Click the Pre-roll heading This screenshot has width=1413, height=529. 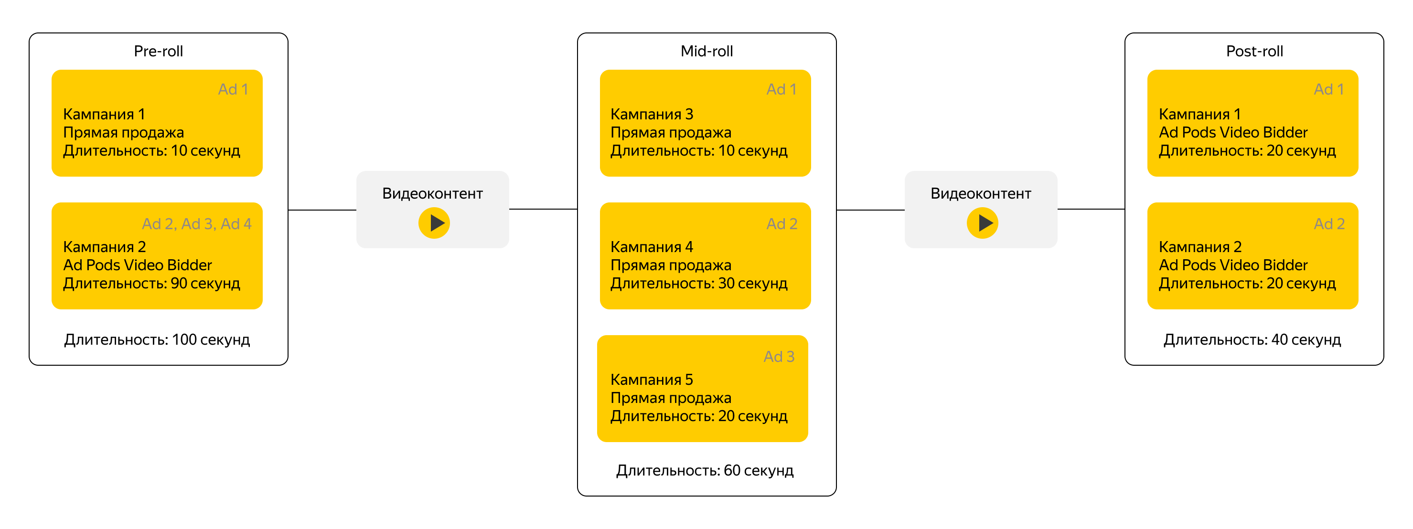click(159, 51)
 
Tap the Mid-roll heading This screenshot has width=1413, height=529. click(706, 51)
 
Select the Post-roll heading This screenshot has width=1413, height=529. click(1254, 51)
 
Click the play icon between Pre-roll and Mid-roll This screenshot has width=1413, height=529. click(434, 222)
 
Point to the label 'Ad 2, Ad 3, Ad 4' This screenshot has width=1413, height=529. click(196, 223)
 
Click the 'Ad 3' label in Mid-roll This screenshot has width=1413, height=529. click(779, 356)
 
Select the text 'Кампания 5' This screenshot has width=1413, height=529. click(652, 380)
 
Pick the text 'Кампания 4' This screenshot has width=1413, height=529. click(652, 247)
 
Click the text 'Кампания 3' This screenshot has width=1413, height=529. click(652, 114)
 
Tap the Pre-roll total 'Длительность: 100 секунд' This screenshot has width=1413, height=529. click(157, 340)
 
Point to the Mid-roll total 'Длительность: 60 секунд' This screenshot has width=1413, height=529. click(705, 471)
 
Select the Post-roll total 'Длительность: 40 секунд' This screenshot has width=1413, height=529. click(1252, 340)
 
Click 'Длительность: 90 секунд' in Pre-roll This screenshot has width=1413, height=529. click(151, 284)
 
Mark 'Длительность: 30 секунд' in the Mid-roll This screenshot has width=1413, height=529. click(699, 284)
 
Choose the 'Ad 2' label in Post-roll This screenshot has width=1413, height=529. click(1329, 223)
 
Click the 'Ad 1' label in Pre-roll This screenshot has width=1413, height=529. click(233, 89)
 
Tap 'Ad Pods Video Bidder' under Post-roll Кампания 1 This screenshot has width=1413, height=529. click(1233, 132)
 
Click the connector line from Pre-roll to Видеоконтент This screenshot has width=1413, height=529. click(322, 210)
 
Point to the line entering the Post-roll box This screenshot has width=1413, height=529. click(1091, 209)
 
